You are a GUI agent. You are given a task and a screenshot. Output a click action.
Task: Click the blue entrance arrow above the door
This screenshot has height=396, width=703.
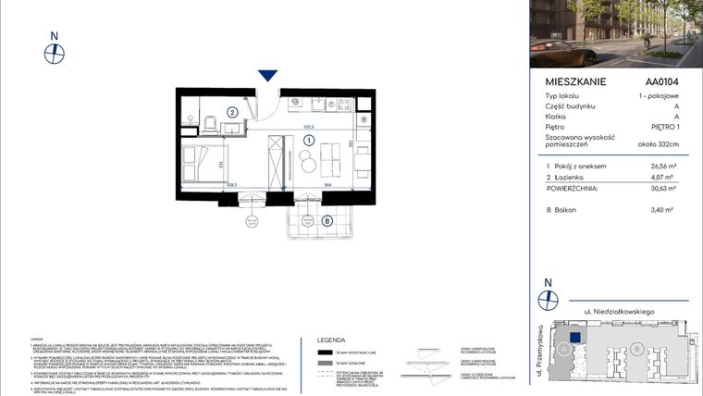(268, 75)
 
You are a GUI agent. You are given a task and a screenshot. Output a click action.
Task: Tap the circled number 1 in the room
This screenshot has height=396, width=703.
(308, 140)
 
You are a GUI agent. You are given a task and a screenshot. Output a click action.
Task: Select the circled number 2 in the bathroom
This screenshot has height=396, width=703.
(233, 113)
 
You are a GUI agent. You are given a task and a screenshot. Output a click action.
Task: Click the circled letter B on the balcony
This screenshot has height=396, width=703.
(327, 220)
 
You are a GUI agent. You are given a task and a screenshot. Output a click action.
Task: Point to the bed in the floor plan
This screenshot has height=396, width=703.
(202, 164)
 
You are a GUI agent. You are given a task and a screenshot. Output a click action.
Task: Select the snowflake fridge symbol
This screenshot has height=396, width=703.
(364, 120)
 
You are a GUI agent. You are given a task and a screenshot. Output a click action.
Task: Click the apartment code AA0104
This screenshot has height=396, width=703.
(662, 81)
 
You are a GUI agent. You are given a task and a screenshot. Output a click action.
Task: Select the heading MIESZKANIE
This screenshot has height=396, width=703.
(575, 81)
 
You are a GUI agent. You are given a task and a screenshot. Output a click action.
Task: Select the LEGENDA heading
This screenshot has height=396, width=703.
(331, 340)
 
